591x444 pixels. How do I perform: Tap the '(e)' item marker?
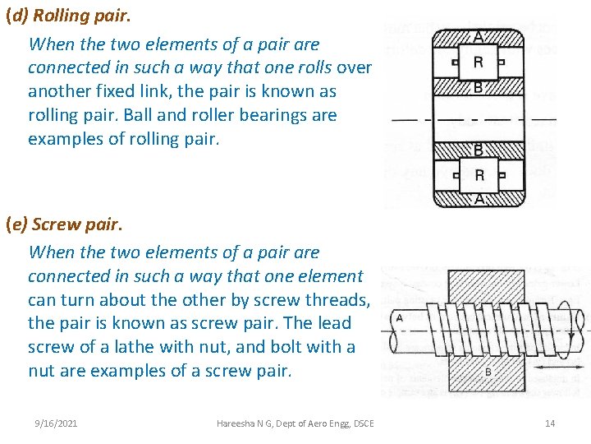point(18,224)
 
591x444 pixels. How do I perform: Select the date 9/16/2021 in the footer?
point(57,423)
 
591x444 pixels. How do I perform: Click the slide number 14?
point(550,423)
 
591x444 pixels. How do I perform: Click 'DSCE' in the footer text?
point(361,423)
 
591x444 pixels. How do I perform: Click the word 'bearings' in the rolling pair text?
point(303,115)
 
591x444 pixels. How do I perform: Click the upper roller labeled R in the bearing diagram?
point(479,62)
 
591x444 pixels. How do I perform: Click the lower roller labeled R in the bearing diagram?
point(479,174)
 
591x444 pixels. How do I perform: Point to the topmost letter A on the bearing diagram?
point(479,35)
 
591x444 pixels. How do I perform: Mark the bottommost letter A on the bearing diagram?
point(479,198)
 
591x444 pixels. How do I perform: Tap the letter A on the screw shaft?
point(399,318)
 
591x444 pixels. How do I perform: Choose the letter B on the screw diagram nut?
point(488,372)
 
